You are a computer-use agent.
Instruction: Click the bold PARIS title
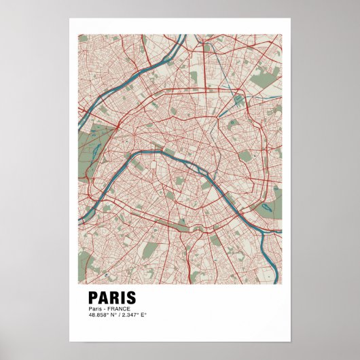click(112, 298)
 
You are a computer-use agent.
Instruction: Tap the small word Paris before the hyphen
click(94, 309)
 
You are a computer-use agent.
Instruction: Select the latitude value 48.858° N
click(102, 314)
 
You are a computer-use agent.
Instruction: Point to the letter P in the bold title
click(94, 298)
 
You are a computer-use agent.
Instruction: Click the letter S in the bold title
click(130, 298)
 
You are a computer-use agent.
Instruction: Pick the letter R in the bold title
click(113, 298)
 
